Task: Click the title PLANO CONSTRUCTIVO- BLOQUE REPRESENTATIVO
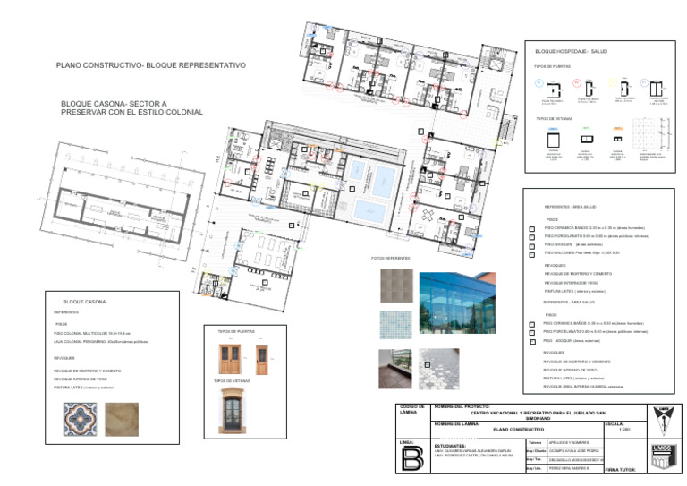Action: [150, 65]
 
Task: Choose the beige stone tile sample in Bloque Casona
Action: [122, 418]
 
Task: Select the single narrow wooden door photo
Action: [262, 359]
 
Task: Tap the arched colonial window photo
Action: [236, 410]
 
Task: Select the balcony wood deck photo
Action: [394, 368]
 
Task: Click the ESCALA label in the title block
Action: [615, 423]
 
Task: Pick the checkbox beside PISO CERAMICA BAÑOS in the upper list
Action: [532, 228]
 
